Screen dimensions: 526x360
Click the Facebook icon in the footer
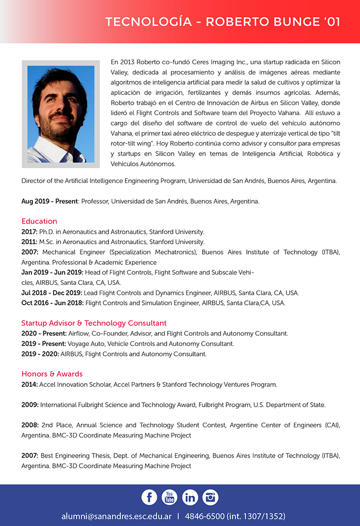click(149, 497)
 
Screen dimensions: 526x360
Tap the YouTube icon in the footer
click(169, 497)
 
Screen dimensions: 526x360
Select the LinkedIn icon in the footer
click(190, 497)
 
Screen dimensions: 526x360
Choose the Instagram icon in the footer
click(210, 497)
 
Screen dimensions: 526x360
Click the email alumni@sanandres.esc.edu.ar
click(116, 516)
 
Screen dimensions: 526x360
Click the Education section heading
click(39, 221)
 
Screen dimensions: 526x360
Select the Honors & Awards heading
click(52, 374)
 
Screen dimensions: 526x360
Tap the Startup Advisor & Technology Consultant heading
click(94, 323)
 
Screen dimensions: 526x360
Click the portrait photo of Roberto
click(61, 114)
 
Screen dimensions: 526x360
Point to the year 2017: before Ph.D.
click(30, 232)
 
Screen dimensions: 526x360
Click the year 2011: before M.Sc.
click(30, 242)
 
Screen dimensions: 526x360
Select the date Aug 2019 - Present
click(49, 201)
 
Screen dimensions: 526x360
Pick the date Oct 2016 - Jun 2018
click(52, 303)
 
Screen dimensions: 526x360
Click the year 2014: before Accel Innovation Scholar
click(30, 384)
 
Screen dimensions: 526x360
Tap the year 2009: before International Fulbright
click(30, 405)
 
